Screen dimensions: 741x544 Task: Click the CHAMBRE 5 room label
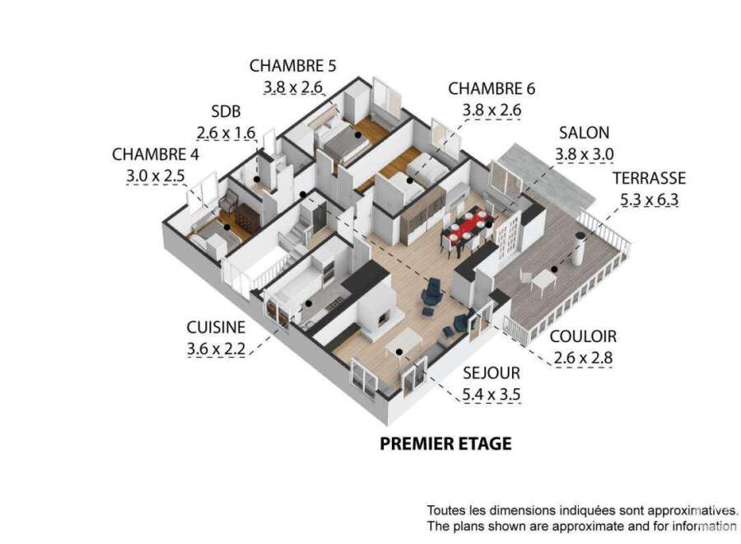pos(292,66)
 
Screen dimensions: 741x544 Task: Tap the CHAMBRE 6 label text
pos(492,88)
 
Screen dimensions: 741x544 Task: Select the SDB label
pos(226,111)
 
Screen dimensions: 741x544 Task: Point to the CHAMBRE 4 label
pos(156,154)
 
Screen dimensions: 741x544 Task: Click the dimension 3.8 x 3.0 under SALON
pos(584,154)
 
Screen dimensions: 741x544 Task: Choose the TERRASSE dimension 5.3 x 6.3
pos(650,199)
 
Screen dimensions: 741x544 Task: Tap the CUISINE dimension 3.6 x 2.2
pos(216,349)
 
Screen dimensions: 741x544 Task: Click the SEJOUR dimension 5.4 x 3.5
pos(492,395)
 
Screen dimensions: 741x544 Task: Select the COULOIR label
pos(583,336)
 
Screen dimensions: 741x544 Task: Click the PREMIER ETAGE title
pos(445,443)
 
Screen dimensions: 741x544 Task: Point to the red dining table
pos(468,227)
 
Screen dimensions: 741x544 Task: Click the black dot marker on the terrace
pos(554,270)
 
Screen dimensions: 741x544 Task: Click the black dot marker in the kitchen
pos(308,303)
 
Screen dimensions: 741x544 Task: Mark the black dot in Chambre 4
pos(227,227)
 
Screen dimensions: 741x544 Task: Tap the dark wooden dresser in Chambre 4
pos(247,218)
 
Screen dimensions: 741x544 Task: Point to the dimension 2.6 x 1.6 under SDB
pos(226,133)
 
